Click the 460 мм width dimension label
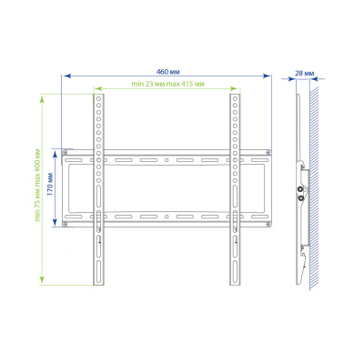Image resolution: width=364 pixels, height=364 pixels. coord(167,70)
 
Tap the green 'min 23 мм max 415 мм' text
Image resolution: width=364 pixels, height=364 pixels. coord(167,85)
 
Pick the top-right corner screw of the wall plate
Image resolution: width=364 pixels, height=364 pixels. coord(268,151)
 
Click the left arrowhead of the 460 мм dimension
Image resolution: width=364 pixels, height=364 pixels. coord(64,76)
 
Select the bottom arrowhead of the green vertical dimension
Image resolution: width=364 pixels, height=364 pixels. coord(43,279)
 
